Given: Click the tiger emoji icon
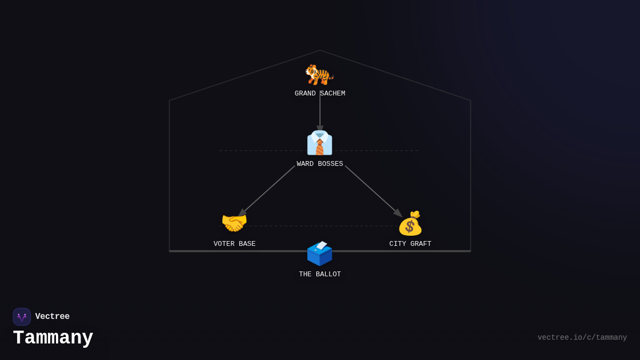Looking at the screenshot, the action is [x=319, y=75].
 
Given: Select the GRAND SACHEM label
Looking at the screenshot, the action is [x=319, y=93].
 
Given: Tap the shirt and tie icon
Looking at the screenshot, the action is [x=319, y=143].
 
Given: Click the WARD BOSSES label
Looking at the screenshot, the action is [x=319, y=164].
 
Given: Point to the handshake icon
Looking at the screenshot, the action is [x=234, y=222].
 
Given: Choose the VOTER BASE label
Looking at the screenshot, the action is [x=234, y=244].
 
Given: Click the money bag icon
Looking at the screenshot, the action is [x=410, y=223].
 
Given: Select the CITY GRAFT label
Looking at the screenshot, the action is [x=410, y=244].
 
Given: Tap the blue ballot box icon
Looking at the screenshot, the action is [x=319, y=253].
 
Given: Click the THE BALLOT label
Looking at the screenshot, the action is [x=319, y=274].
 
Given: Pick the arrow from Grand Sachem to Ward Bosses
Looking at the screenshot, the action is [x=319, y=111].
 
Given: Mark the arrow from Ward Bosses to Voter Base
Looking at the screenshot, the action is [x=266, y=191].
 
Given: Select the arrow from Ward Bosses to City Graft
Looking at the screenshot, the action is [x=374, y=191].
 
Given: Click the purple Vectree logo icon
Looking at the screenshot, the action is [x=22, y=317].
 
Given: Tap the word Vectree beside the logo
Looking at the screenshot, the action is [x=52, y=316].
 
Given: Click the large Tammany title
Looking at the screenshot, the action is [x=53, y=338].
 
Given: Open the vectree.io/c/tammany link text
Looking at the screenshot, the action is [x=582, y=338].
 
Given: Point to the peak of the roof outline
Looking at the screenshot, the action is [x=319, y=50].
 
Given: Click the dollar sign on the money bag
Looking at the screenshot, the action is [x=410, y=227].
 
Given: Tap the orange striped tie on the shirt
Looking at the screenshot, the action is [x=319, y=147].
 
